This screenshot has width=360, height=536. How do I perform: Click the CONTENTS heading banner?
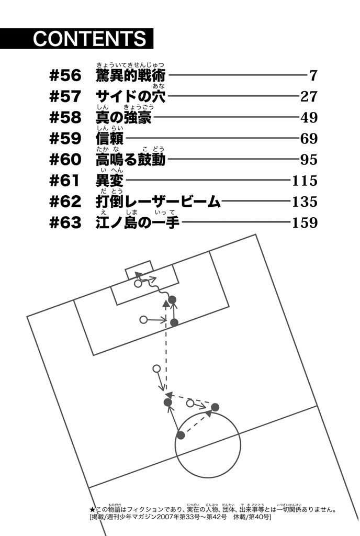pos(76,38)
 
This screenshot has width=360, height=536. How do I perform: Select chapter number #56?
pos(65,75)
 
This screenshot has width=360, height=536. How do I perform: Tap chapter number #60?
pos(65,160)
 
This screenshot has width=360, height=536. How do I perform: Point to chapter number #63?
pos(65,222)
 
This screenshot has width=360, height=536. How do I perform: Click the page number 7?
pos(313,75)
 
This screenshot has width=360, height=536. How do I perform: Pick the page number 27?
pos(309,97)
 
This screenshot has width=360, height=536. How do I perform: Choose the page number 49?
pos(309,118)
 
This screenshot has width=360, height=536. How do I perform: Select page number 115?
pos(305,181)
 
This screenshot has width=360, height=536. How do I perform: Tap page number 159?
pos(305,222)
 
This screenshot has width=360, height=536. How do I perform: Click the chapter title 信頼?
pos(110,138)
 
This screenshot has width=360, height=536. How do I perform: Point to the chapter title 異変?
pos(110,181)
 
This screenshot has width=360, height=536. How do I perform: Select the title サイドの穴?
pos(131,97)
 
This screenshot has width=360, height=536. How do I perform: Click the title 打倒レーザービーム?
pos(158,202)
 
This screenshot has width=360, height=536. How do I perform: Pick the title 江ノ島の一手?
pos(138,222)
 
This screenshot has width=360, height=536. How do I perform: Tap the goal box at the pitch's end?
pos(139,270)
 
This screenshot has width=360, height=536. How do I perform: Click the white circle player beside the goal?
pos(138,284)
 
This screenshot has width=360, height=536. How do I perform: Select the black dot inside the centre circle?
pos(181,435)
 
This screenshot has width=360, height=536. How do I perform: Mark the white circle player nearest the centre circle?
pos(190,404)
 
